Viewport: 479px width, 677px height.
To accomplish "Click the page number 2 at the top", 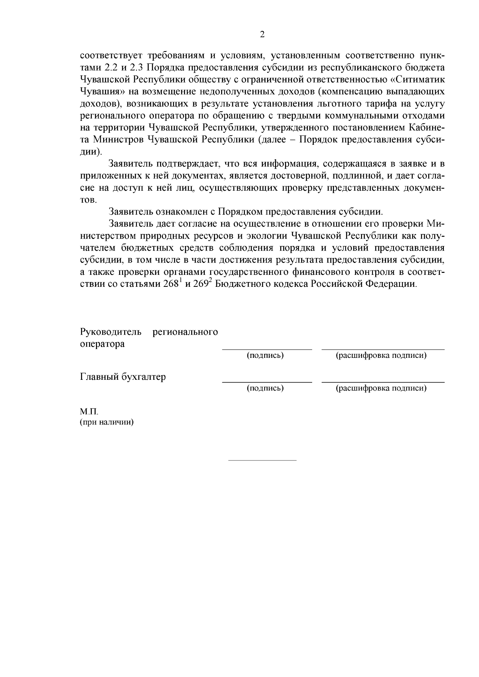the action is click(x=262, y=35).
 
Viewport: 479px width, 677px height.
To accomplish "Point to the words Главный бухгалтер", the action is click(x=123, y=377).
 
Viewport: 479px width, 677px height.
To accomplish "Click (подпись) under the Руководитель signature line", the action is click(x=265, y=355).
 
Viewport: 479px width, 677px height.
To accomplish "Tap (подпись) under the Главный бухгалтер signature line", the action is click(x=265, y=388).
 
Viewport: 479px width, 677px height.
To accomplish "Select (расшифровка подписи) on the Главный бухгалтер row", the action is click(x=381, y=388).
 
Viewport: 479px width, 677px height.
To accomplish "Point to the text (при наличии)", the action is click(x=107, y=422).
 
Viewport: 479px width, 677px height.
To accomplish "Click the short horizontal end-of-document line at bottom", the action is click(x=262, y=460).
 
